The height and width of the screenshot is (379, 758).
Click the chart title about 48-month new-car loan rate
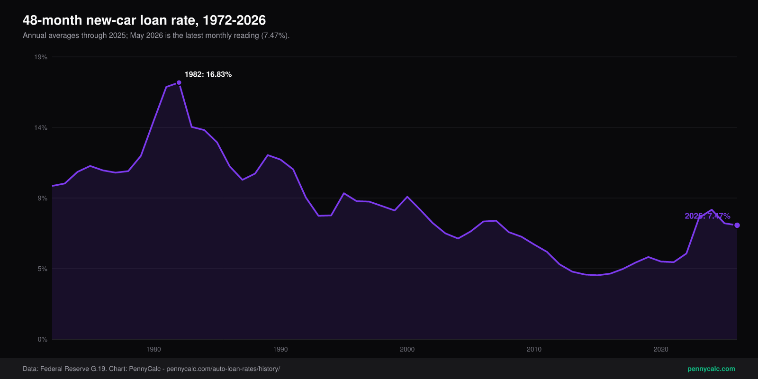[144, 20]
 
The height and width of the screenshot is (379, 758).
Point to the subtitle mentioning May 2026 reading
[156, 36]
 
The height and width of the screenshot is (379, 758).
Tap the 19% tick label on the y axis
[41, 57]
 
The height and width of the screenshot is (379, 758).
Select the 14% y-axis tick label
[41, 127]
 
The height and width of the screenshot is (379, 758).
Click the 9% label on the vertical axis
[42, 199]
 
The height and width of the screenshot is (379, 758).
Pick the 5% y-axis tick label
[42, 269]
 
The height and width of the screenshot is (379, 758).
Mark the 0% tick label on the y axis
[42, 339]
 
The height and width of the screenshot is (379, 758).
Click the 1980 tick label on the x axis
[153, 349]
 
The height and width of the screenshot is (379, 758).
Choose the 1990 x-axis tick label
[280, 349]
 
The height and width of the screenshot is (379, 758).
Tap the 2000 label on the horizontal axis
[407, 349]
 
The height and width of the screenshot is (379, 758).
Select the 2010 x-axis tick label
[534, 349]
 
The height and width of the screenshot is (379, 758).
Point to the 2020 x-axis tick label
[661, 349]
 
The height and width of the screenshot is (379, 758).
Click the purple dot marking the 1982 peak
[179, 82]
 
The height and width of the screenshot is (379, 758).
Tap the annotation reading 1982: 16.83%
[208, 74]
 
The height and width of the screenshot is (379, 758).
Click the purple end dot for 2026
[737, 226]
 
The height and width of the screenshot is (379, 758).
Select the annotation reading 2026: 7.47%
[708, 216]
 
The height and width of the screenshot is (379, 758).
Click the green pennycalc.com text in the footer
[711, 369]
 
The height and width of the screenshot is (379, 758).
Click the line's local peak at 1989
[268, 155]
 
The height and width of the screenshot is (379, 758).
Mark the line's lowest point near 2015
[597, 275]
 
